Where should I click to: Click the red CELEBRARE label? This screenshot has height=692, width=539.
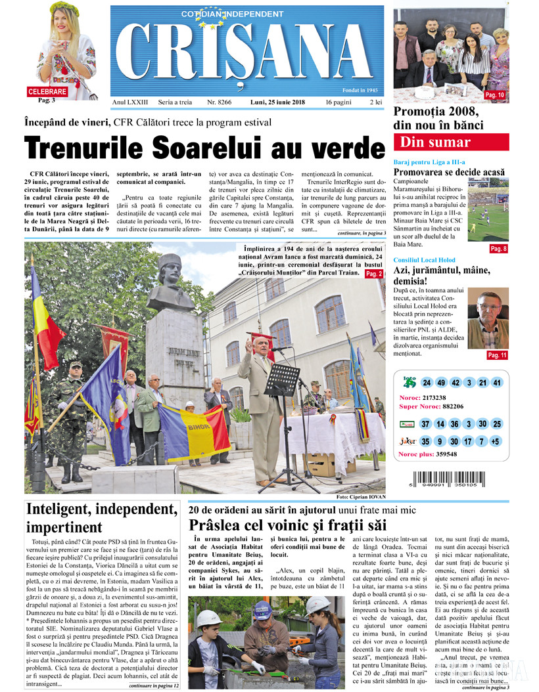[47, 92]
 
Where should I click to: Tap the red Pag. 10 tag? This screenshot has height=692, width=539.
[494, 96]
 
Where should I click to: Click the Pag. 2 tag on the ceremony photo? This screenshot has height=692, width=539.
[373, 273]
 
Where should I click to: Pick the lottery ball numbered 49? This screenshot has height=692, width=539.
[441, 383]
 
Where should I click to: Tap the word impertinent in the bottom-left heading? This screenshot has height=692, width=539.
[64, 527]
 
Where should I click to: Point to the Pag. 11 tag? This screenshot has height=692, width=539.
[497, 355]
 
